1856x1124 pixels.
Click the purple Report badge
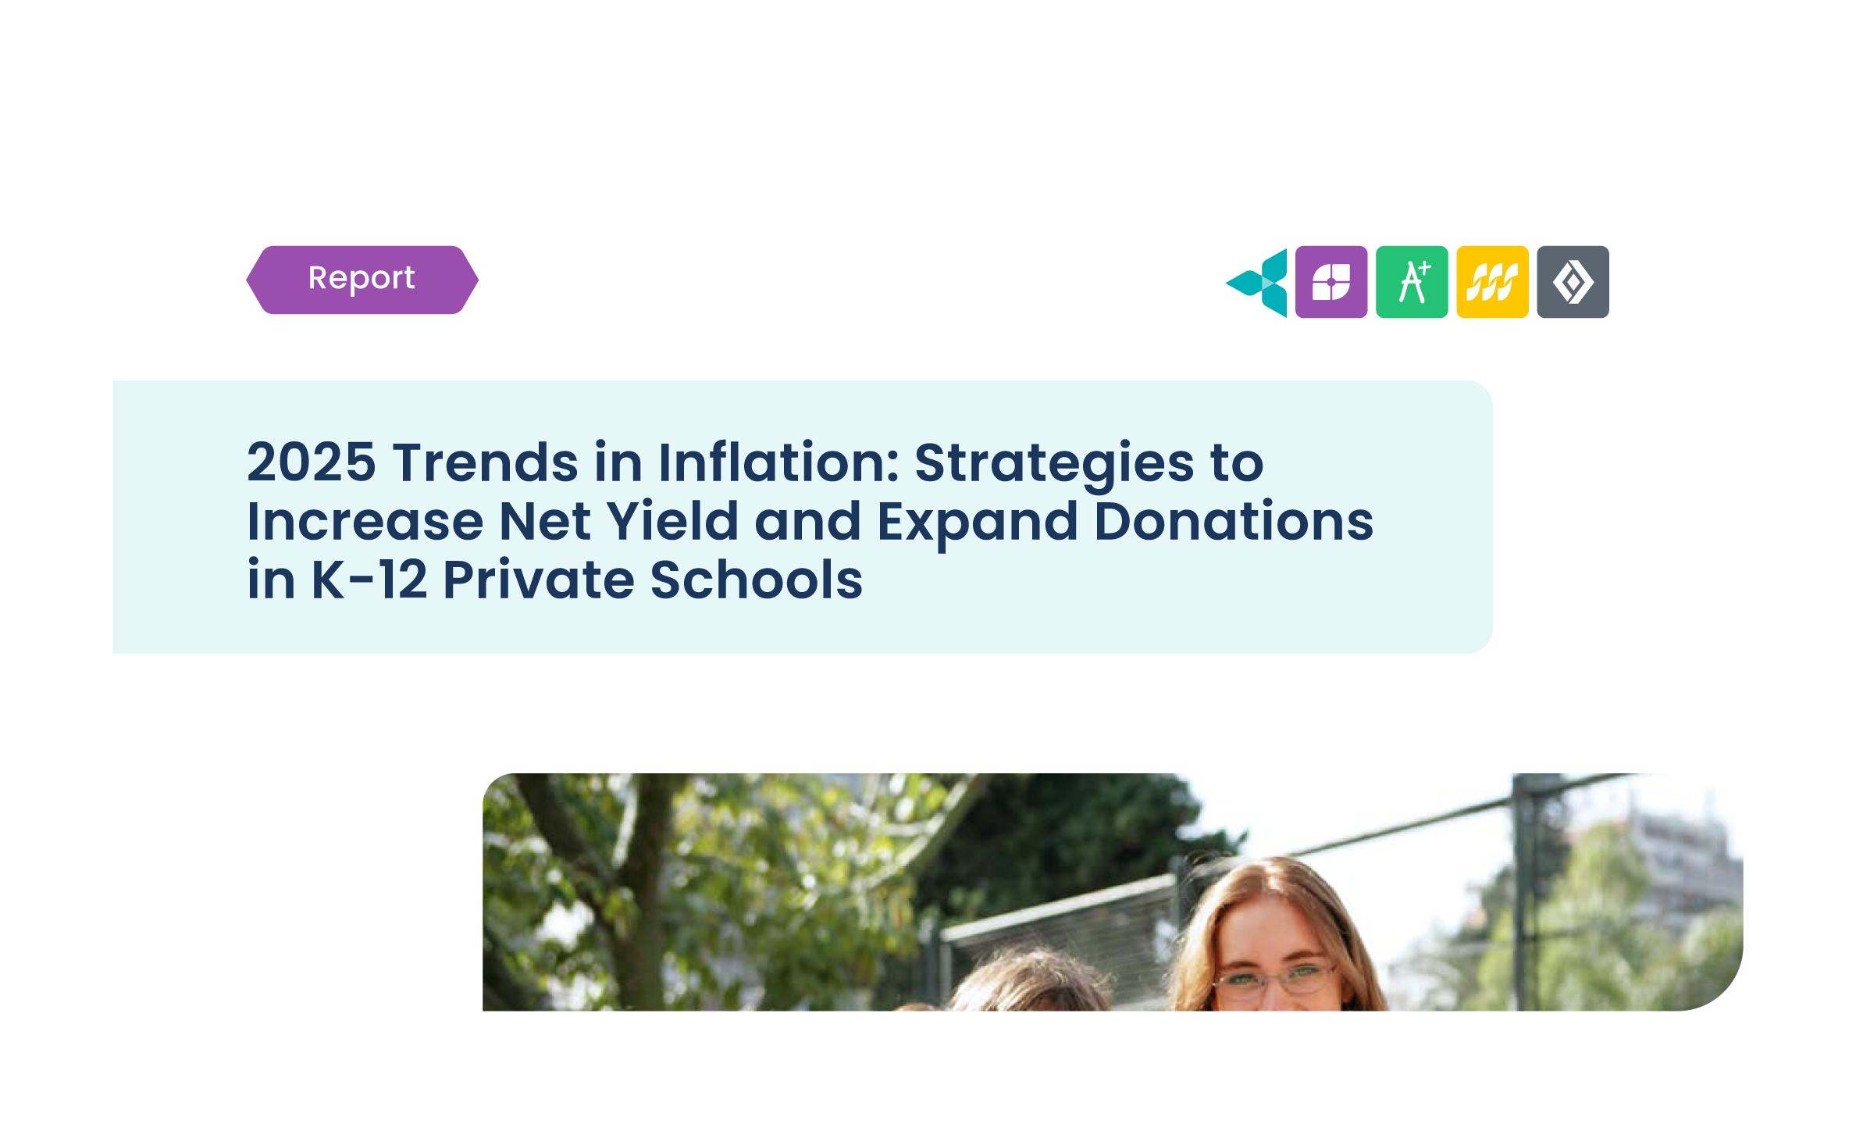362,280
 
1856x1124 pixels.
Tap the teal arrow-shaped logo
1257,283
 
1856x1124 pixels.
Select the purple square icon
1331,282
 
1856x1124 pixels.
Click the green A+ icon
1412,282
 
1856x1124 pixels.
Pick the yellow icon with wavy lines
1492,282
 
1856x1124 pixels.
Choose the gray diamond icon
1573,282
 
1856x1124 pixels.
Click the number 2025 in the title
312,462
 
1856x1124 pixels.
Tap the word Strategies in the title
1054,466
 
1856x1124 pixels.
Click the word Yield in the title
672,521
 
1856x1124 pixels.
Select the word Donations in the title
1234,521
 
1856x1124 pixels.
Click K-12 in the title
369,580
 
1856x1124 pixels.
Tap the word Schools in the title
756,580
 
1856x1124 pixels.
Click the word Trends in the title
485,462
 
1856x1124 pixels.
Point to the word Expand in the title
978,524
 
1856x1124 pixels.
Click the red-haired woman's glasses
1274,976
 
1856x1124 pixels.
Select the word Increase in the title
365,521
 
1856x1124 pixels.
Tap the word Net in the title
545,521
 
